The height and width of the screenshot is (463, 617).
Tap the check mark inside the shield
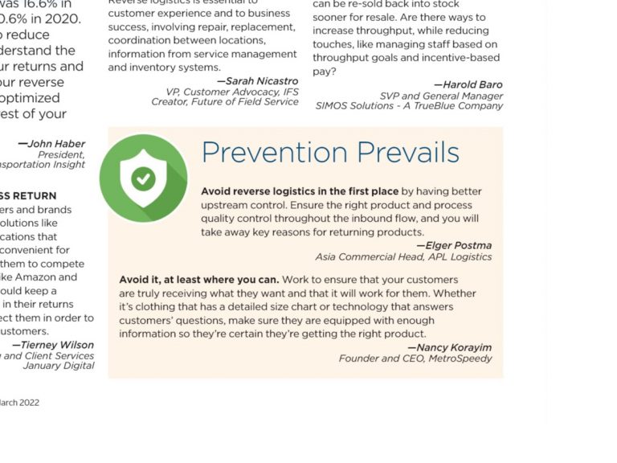click(x=144, y=178)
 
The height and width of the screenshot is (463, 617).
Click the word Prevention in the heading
click(x=274, y=153)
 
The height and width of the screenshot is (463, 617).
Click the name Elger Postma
click(x=458, y=246)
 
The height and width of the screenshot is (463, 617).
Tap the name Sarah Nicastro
click(x=261, y=81)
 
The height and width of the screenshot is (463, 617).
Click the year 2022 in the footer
click(x=29, y=403)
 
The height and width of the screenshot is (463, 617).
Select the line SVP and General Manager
click(x=442, y=96)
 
